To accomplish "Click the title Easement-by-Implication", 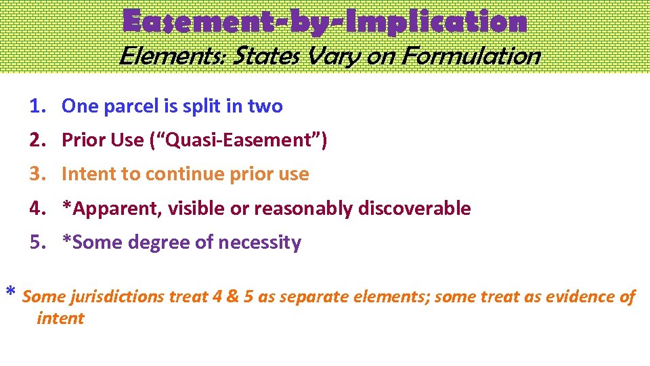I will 324,22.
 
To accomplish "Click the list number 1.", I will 37,106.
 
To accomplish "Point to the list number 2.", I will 37,140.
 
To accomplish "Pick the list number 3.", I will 37,174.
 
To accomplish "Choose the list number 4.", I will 37,208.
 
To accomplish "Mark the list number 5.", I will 37,242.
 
